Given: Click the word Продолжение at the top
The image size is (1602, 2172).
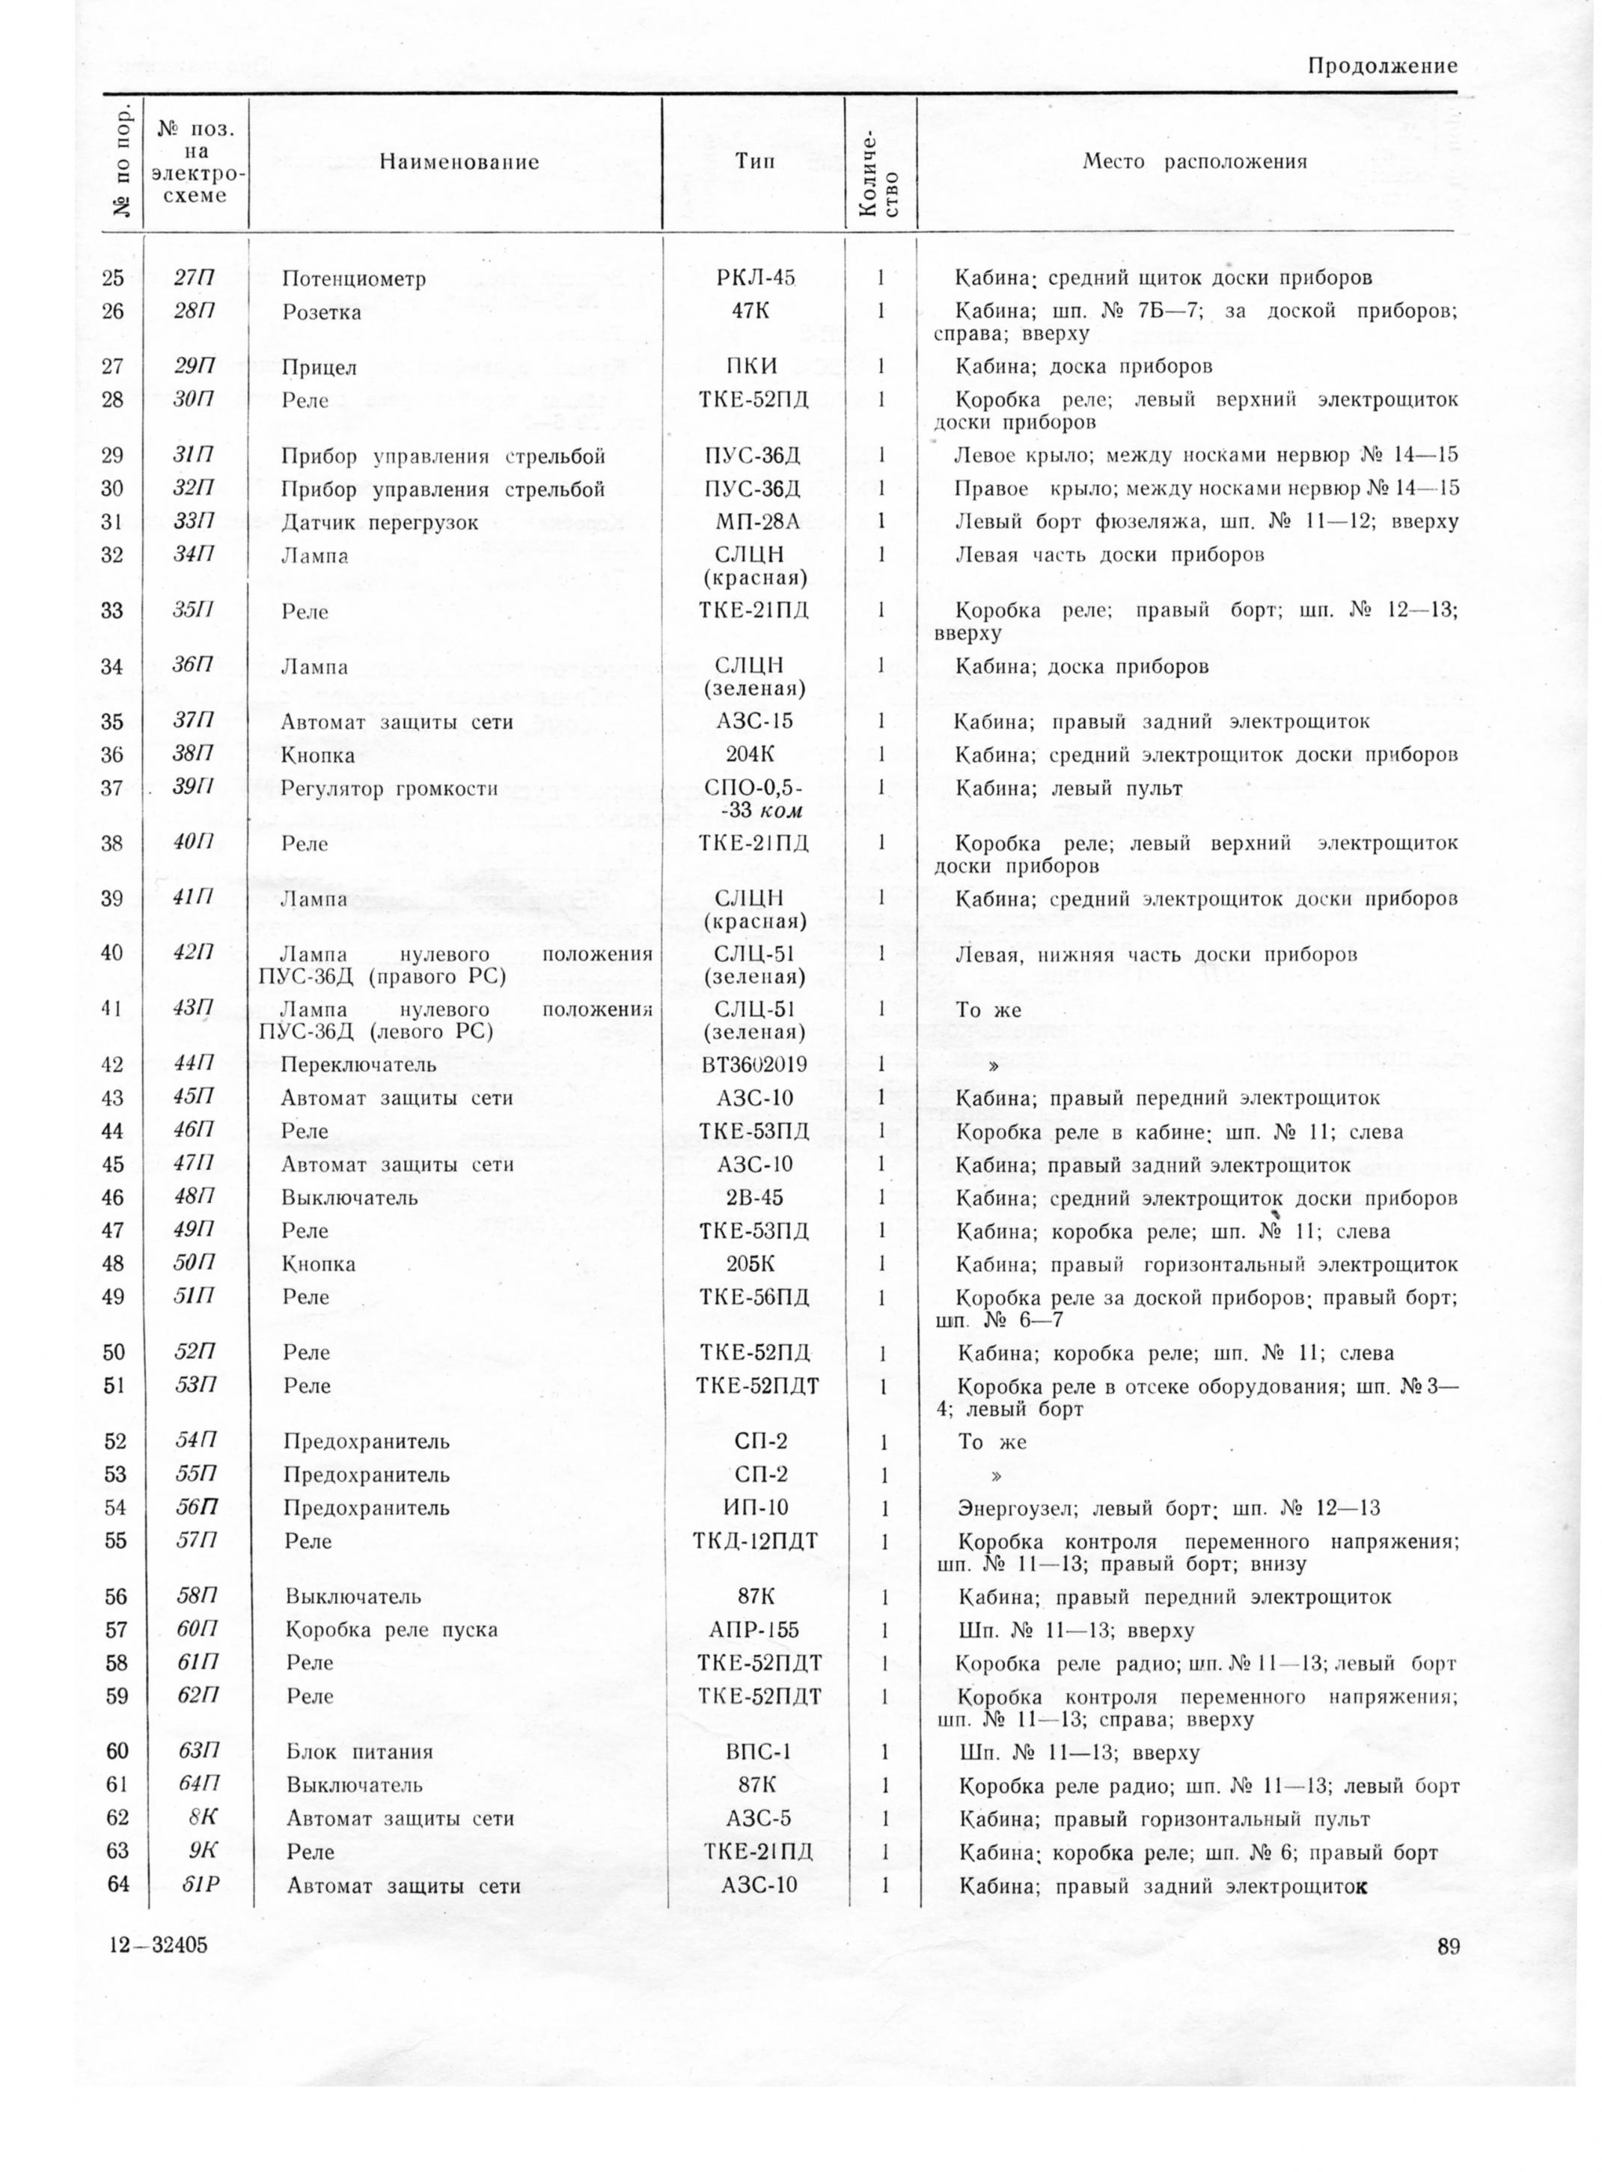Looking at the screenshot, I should click(x=1381, y=66).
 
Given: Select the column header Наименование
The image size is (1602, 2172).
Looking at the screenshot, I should click(x=459, y=162).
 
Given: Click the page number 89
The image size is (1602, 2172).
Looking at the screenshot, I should click(x=1449, y=1949).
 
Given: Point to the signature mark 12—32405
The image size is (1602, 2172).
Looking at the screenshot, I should click(x=159, y=1946).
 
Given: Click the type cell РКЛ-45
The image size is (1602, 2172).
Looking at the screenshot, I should click(x=754, y=278).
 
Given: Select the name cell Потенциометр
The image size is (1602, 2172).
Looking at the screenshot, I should click(x=354, y=279).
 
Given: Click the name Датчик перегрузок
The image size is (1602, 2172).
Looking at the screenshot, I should click(x=379, y=523).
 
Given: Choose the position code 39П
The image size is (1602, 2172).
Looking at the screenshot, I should click(x=193, y=787).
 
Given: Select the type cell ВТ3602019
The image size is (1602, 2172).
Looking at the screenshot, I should click(x=753, y=1064).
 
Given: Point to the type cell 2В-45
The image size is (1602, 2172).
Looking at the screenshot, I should click(x=754, y=1198).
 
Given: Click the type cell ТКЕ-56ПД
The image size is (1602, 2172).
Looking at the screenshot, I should click(x=754, y=1298).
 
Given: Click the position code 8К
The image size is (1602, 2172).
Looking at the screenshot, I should click(x=202, y=1819).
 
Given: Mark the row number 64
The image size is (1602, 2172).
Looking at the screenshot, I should click(x=117, y=1885).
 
